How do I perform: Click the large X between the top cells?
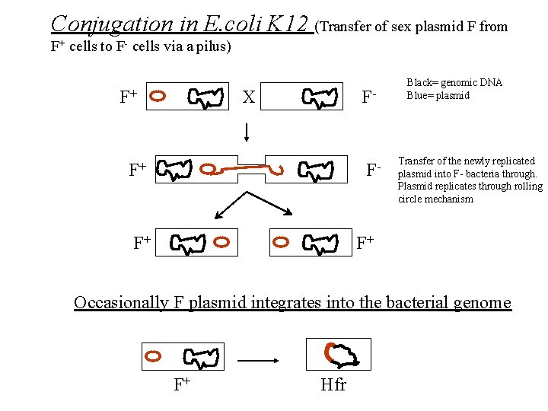(x=248, y=97)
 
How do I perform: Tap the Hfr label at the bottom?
(x=333, y=384)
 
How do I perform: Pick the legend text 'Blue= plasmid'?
(x=438, y=95)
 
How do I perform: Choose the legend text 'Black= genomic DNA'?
(x=454, y=83)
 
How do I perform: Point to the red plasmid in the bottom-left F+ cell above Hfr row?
(x=153, y=355)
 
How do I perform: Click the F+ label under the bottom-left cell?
(x=181, y=384)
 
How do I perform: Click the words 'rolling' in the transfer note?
(x=527, y=186)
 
